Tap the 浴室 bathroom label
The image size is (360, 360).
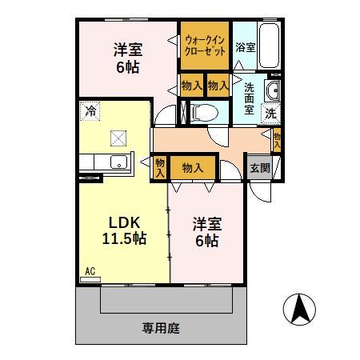click(x=246, y=48)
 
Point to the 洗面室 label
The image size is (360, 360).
click(x=249, y=98)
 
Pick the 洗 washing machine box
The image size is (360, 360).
click(x=271, y=112)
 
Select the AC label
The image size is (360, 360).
click(x=90, y=272)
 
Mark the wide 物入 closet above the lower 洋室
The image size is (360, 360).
click(x=192, y=167)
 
